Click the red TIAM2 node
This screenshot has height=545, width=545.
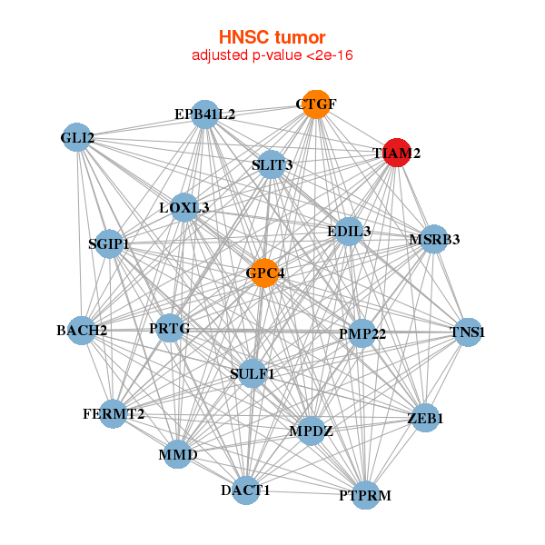[x=396, y=154]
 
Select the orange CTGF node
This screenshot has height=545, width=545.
[x=315, y=104]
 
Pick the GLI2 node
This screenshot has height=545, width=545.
[x=77, y=138]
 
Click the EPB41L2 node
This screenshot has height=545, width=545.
[x=205, y=114]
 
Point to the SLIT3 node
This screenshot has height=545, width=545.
[x=272, y=164]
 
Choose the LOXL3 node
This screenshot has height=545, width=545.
[x=184, y=208]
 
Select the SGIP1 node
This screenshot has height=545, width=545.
[x=109, y=244]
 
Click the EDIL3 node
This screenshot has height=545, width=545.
[x=349, y=232]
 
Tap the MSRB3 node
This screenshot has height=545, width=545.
[x=434, y=240]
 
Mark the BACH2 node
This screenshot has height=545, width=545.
[x=82, y=330]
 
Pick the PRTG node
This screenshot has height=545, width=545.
[x=170, y=328]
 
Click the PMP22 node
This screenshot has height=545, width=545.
[x=362, y=333]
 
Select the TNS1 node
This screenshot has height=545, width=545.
[x=468, y=332]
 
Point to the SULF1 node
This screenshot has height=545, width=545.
[x=253, y=373]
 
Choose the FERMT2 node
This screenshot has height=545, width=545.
[x=114, y=414]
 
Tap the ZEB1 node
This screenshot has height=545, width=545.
[x=425, y=419]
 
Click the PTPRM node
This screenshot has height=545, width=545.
[x=365, y=495]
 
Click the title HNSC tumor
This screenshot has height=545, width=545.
[x=272, y=37]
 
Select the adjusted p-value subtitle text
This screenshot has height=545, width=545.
[x=272, y=55]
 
